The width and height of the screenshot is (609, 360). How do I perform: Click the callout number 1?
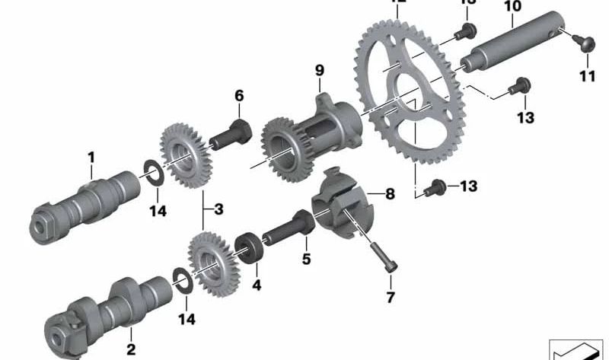point(91,158)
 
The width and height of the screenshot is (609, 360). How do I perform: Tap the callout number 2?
point(130,332)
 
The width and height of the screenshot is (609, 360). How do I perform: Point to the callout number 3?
point(218,208)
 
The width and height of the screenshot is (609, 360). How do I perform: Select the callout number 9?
point(320,71)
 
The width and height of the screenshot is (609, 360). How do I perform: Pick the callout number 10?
point(512,7)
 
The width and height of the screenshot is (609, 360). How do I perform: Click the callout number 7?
point(391,298)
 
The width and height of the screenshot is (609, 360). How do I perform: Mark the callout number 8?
point(390,194)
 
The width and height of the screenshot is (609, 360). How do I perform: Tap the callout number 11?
point(586,76)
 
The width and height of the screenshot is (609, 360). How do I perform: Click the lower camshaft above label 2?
point(107,304)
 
